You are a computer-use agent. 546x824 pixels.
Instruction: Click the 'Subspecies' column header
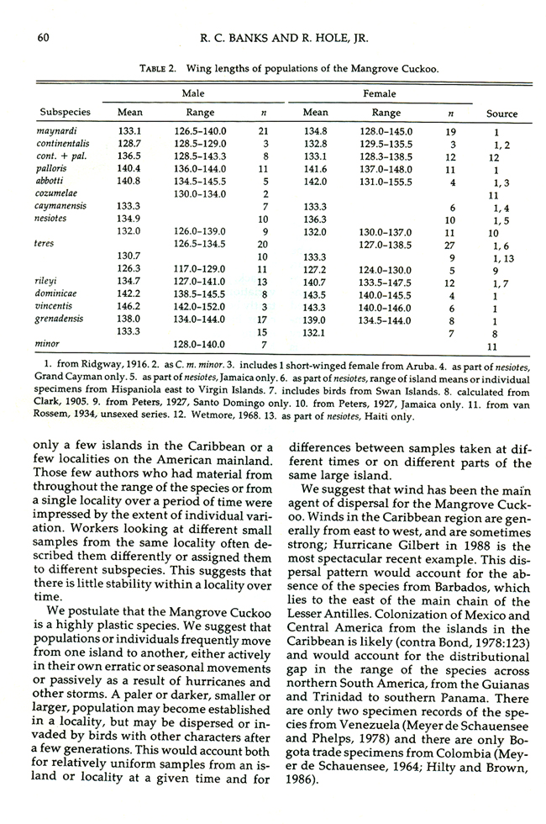pyautogui.click(x=66, y=113)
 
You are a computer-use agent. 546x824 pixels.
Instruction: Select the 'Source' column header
pyautogui.click(x=501, y=114)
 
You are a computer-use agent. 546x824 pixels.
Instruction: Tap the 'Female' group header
pyautogui.click(x=379, y=94)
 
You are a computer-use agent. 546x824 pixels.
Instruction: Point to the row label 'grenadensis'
pyautogui.click(x=62, y=320)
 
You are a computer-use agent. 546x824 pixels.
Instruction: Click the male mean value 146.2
pyautogui.click(x=129, y=308)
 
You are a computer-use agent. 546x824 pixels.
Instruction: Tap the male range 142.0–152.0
pyautogui.click(x=200, y=308)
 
